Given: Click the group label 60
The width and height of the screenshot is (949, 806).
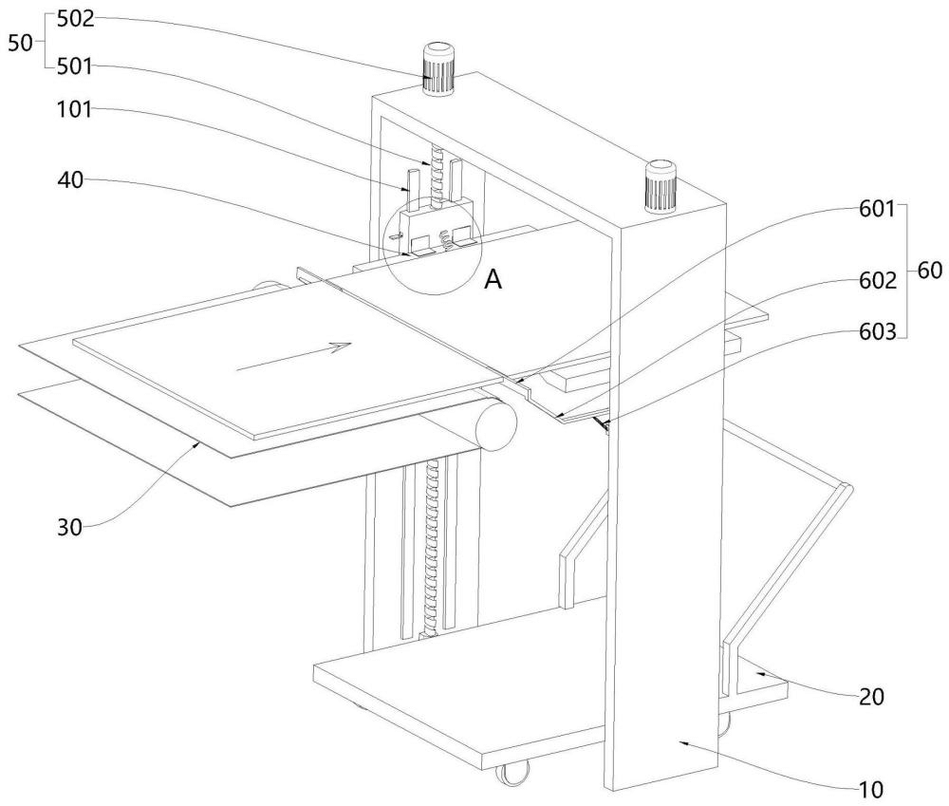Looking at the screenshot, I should tap(930, 271).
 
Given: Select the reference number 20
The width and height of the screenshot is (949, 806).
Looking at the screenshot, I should tap(871, 697).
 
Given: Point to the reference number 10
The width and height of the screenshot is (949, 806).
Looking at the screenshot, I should tap(871, 787).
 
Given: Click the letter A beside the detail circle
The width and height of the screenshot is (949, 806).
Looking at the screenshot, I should tap(493, 278).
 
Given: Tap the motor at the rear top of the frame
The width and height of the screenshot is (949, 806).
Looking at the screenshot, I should tap(439, 68).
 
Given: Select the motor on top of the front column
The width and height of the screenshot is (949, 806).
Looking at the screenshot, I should tap(660, 186).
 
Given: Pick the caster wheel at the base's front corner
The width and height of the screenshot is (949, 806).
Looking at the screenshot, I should tap(512, 774).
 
